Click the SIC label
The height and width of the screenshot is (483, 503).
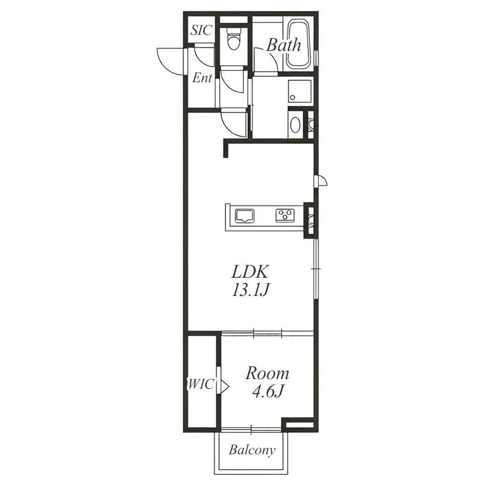202,30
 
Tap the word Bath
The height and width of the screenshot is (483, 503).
284,45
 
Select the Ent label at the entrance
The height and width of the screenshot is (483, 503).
202,78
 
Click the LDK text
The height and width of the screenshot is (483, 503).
250,272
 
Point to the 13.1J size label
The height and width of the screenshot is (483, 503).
249,290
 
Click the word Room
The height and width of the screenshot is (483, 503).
267,373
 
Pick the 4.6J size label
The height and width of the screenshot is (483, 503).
268,391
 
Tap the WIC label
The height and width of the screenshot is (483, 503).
201,384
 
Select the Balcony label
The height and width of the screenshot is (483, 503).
252,450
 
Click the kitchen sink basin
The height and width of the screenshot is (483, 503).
245,216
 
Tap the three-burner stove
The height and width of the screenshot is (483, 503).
285,215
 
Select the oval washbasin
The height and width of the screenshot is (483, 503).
295,125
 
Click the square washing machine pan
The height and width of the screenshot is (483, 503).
300,91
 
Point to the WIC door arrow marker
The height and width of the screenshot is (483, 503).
224,385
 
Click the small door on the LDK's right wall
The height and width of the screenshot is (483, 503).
322,180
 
